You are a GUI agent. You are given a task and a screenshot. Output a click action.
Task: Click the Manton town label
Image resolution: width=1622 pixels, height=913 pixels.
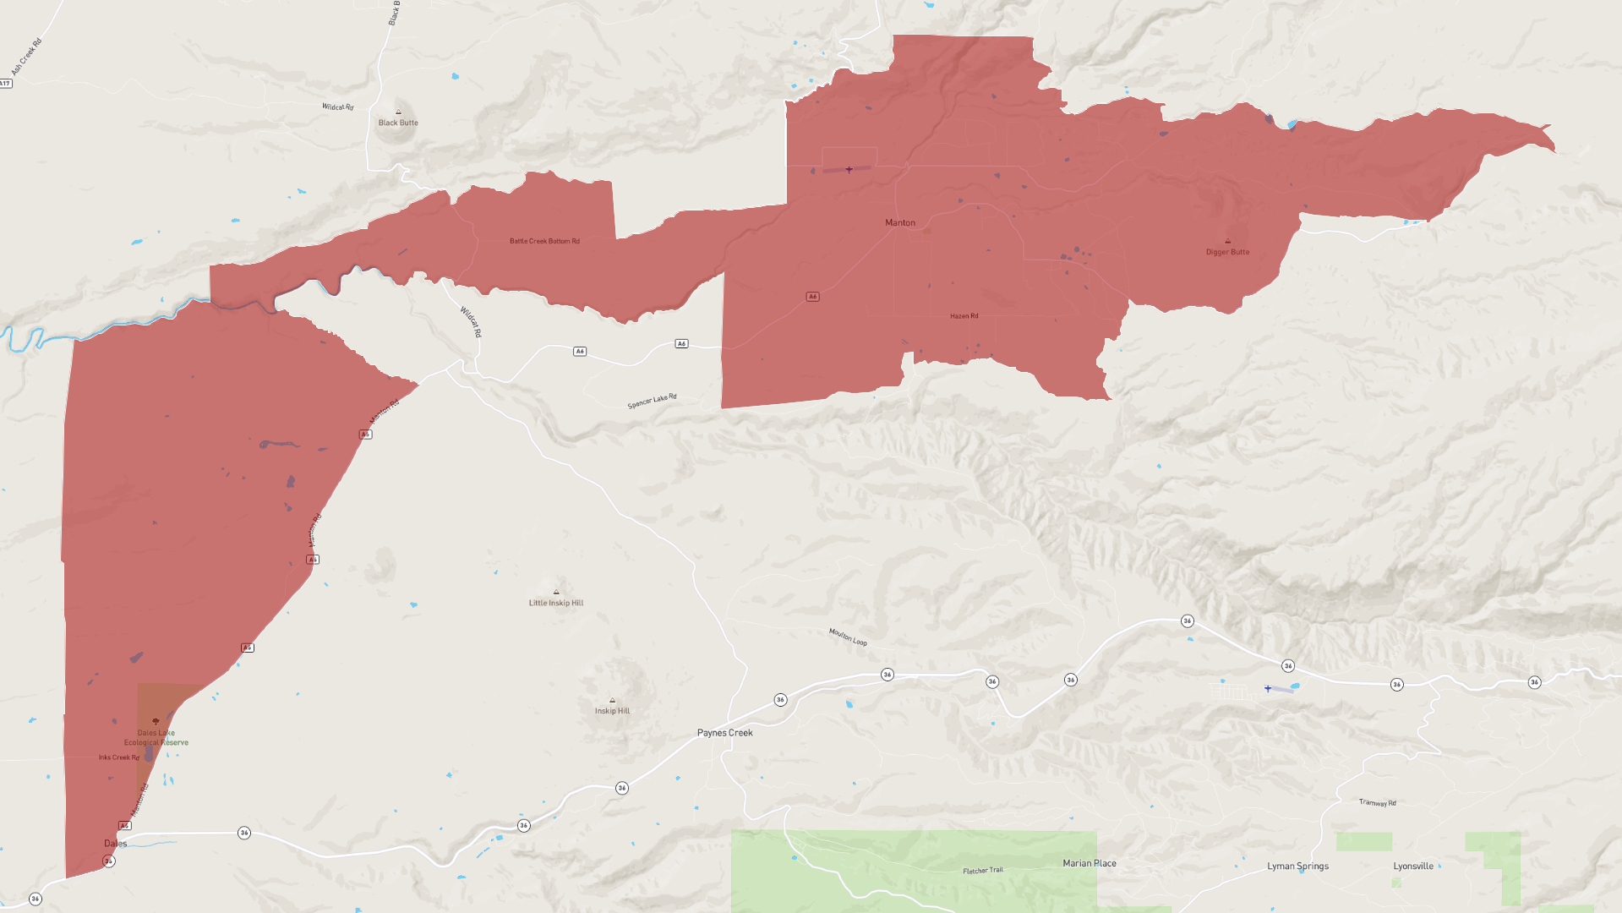pyautogui.click(x=899, y=223)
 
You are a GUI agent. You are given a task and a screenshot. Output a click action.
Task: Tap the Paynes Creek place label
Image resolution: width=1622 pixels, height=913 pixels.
pyautogui.click(x=724, y=733)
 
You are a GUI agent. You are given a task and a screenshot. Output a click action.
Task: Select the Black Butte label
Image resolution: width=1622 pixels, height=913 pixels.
pyautogui.click(x=398, y=123)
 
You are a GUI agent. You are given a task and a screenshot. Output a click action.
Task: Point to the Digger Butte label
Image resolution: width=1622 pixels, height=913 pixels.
pyautogui.click(x=1227, y=252)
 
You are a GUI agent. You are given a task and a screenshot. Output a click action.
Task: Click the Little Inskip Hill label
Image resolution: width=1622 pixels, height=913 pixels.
pyautogui.click(x=555, y=603)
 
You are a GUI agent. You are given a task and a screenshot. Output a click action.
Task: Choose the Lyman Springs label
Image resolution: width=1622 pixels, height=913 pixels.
pyautogui.click(x=1297, y=867)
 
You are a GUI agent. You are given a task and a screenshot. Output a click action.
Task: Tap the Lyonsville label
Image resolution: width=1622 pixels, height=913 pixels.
pyautogui.click(x=1413, y=867)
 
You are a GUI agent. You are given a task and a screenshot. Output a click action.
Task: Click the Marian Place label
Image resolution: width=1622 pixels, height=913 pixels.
pyautogui.click(x=1090, y=863)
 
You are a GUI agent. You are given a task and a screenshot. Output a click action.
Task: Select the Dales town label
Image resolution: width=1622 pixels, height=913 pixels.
pyautogui.click(x=116, y=844)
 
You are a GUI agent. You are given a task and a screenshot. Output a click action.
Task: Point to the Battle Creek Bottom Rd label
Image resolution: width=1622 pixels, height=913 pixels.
pyautogui.click(x=544, y=241)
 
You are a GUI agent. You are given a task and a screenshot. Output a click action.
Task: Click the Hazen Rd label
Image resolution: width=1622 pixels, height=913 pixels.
pyautogui.click(x=964, y=316)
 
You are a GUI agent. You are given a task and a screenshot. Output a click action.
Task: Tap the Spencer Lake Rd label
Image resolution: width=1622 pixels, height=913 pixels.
pyautogui.click(x=652, y=401)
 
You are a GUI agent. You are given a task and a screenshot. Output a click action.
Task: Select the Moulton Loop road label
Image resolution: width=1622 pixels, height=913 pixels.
pyautogui.click(x=848, y=637)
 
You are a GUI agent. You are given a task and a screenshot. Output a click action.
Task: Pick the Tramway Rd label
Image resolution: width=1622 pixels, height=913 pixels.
pyautogui.click(x=1377, y=802)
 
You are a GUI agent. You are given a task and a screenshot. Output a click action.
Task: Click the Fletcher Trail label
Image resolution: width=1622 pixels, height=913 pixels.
pyautogui.click(x=983, y=870)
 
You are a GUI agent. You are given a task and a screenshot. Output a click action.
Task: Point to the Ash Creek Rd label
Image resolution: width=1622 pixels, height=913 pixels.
pyautogui.click(x=26, y=57)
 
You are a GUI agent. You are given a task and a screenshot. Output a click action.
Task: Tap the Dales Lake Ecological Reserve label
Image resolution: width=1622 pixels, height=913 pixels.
pyautogui.click(x=156, y=738)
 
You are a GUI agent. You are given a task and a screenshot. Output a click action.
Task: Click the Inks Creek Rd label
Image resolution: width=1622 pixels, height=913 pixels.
pyautogui.click(x=118, y=757)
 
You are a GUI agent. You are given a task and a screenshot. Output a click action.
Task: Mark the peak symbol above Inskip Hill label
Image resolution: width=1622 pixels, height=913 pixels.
pyautogui.click(x=612, y=701)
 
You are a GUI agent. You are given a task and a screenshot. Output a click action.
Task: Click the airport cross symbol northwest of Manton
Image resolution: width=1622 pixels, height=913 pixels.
pyautogui.click(x=849, y=170)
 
